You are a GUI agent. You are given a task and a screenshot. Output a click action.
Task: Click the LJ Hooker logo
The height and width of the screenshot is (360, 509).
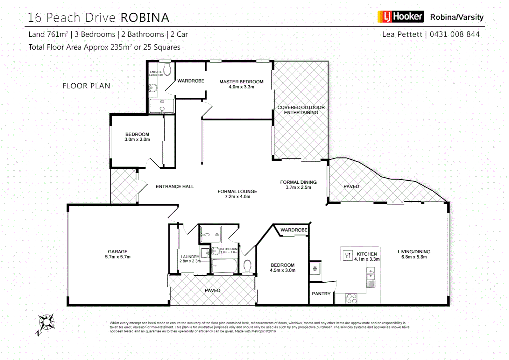[400, 17]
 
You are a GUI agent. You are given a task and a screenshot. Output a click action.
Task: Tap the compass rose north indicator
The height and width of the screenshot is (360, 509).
[46, 323]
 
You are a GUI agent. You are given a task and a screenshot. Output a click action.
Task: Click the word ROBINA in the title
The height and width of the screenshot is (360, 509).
[145, 18]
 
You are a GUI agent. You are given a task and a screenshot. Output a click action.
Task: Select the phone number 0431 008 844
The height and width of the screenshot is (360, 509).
[454, 34]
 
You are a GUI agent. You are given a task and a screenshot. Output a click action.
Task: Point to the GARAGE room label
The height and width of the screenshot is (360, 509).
[118, 252]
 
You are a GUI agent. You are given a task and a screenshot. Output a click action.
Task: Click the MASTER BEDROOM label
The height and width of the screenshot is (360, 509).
[241, 82]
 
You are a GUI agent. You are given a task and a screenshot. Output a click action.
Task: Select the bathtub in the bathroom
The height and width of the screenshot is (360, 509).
[224, 266]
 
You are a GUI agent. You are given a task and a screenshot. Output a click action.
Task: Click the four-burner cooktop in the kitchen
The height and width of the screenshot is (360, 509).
[351, 298]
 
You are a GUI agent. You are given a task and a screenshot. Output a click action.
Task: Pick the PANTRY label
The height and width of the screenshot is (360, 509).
[321, 294]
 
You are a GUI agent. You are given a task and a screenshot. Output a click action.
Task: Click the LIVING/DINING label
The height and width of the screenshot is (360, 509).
[414, 252]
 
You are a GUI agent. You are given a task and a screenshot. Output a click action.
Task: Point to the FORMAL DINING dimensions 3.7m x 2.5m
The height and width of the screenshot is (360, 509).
[298, 187]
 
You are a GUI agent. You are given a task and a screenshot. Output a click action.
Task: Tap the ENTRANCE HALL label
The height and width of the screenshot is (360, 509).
[175, 187]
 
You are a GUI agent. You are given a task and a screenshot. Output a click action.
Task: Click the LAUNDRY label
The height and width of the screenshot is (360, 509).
[190, 257]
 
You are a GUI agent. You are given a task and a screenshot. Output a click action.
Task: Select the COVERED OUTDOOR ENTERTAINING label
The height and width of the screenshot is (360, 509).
[301, 110]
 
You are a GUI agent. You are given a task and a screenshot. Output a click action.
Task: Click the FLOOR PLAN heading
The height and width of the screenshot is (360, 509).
[86, 86]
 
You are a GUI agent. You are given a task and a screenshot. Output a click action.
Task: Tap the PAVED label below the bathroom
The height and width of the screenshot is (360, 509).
[213, 290]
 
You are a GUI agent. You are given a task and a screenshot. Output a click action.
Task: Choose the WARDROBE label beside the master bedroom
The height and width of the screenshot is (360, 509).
[191, 81]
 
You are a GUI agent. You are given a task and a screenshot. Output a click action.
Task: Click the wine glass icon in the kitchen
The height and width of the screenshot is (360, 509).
[347, 255]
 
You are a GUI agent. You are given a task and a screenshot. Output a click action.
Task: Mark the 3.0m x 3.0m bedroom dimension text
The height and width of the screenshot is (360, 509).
[137, 140]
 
